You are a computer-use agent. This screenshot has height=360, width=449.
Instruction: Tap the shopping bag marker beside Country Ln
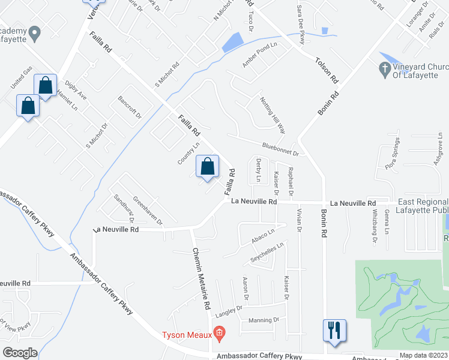[207, 167]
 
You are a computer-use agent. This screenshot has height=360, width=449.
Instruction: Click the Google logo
[20, 352]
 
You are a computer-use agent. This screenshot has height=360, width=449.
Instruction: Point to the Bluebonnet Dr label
[281, 148]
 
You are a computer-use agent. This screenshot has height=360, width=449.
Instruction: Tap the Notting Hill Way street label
[272, 115]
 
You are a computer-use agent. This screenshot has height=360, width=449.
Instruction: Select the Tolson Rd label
[327, 71]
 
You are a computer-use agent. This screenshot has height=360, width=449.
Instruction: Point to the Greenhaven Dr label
[148, 211]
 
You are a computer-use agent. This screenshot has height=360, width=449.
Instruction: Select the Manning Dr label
[264, 320]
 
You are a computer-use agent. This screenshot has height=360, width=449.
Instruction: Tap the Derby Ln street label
[259, 170]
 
